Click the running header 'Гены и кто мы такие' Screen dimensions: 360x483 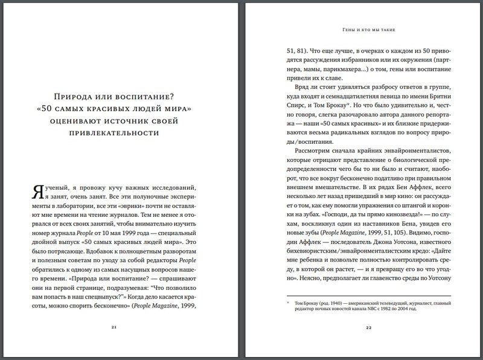point(368,30)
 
